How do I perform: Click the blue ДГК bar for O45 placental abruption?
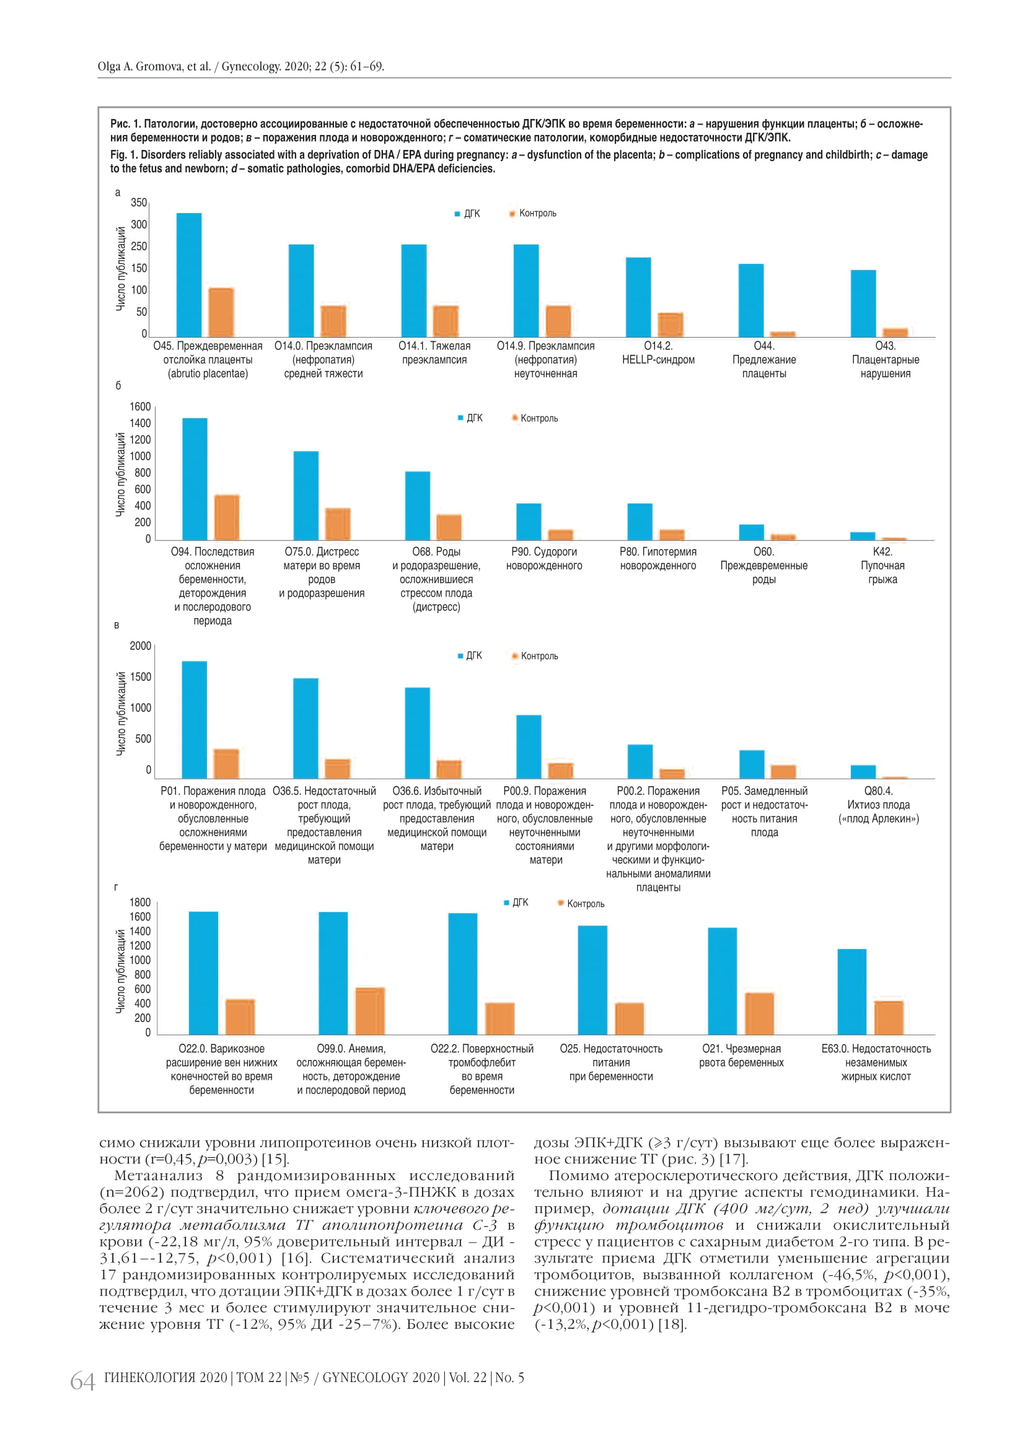(189, 274)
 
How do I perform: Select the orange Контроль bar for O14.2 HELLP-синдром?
(671, 325)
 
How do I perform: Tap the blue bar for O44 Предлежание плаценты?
(751, 300)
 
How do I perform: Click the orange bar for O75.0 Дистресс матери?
(338, 524)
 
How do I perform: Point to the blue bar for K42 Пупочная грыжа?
(863, 536)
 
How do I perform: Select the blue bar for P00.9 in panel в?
(529, 746)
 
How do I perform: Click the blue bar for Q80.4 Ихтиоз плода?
(863, 771)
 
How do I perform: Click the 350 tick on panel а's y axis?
(139, 203)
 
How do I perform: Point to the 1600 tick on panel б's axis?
(140, 406)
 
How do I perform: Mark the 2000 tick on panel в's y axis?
(140, 646)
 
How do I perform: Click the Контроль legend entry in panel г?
(585, 904)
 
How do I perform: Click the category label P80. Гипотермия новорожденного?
(658, 559)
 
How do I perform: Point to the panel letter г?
(116, 886)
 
